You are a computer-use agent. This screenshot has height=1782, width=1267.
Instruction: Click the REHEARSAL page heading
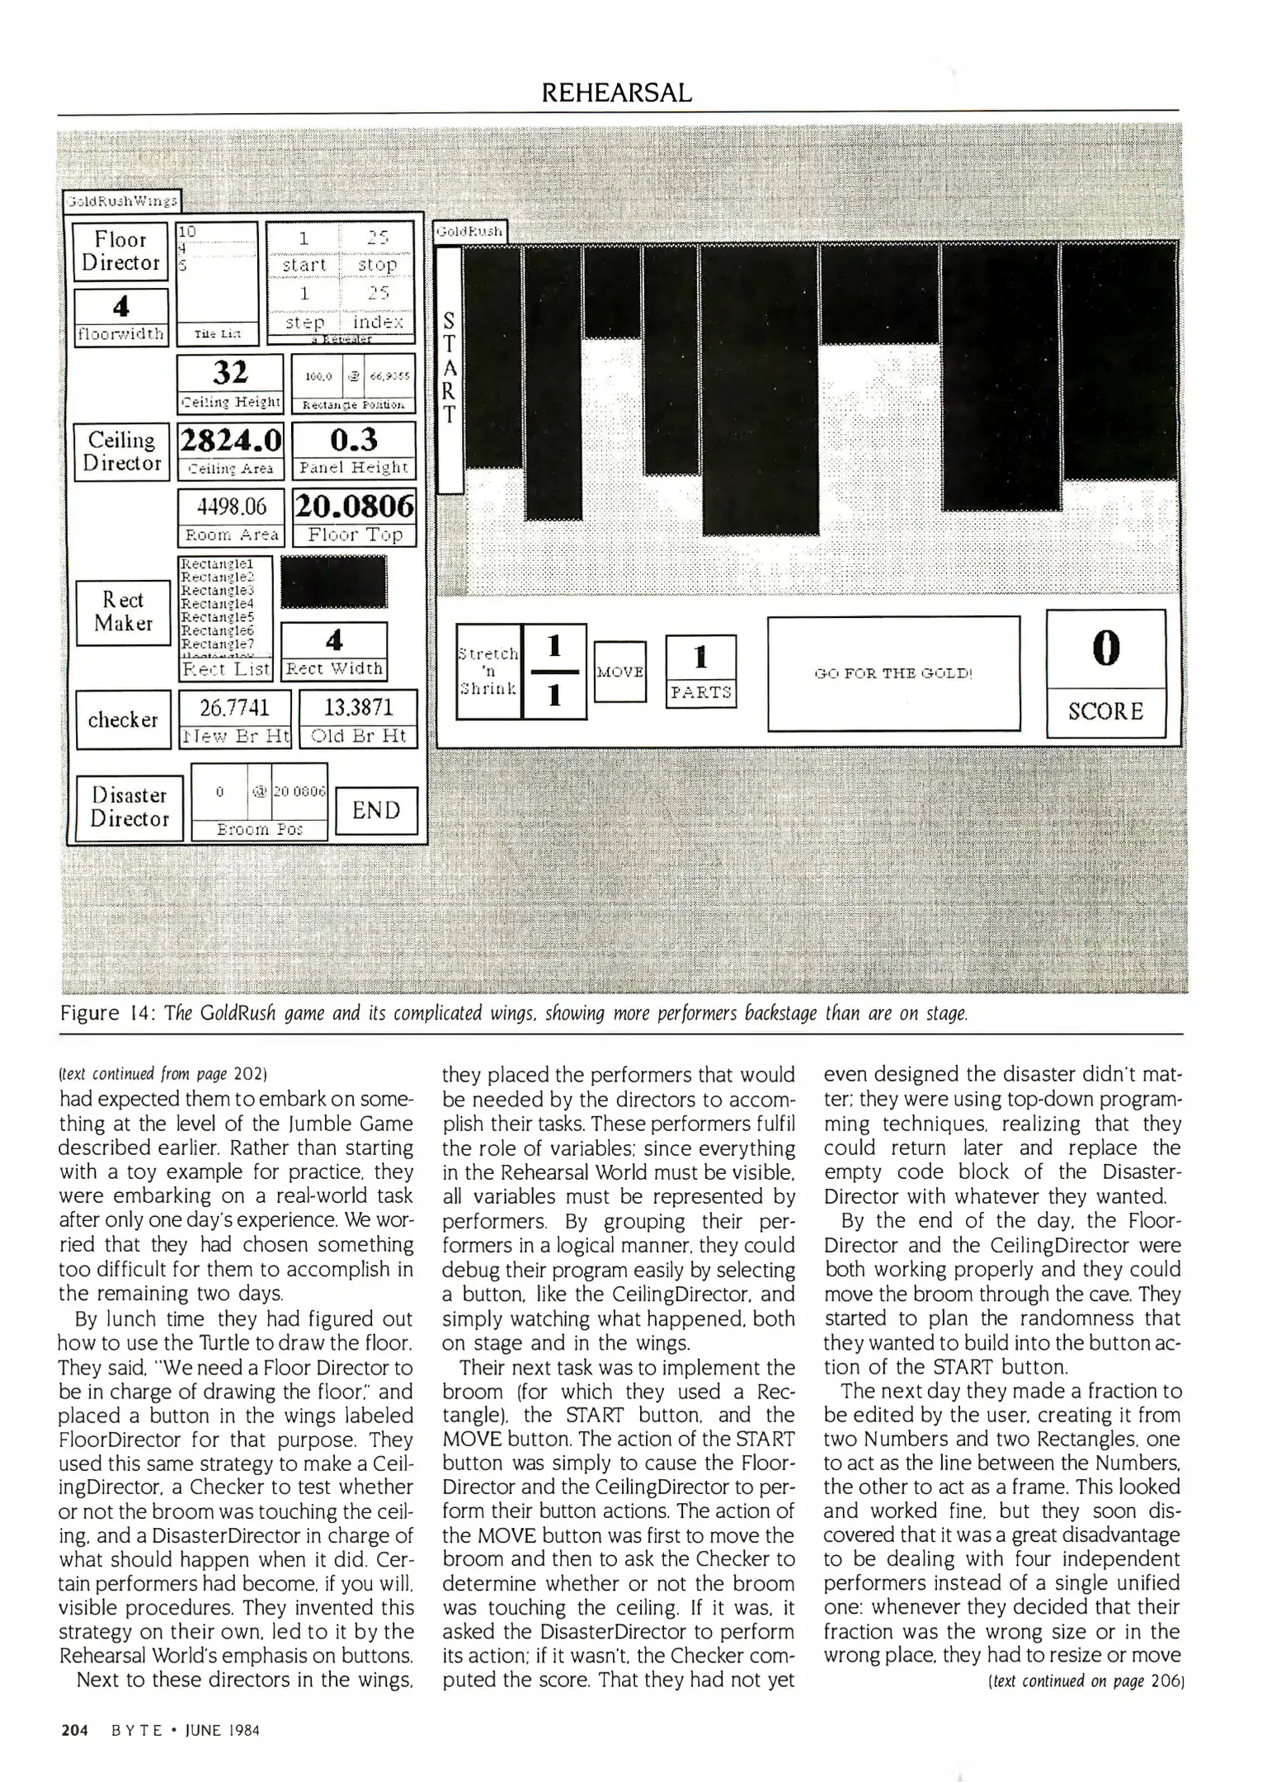pyautogui.click(x=617, y=93)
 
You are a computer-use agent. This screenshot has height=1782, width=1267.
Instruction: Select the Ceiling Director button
pyautogui.click(x=121, y=452)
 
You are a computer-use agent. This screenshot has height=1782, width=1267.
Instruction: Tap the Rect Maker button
pyautogui.click(x=123, y=612)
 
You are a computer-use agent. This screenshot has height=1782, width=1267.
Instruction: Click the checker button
pyautogui.click(x=123, y=719)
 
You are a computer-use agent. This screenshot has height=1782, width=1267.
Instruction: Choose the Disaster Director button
pyautogui.click(x=129, y=808)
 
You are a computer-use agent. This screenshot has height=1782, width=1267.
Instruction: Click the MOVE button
pyautogui.click(x=619, y=672)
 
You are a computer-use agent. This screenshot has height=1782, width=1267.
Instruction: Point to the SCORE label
pyautogui.click(x=1105, y=711)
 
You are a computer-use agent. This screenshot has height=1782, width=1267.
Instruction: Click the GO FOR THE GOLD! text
pyautogui.click(x=893, y=673)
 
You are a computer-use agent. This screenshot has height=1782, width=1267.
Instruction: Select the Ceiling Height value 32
pyautogui.click(x=230, y=373)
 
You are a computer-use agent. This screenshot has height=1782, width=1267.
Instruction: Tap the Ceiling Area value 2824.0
pyautogui.click(x=231, y=440)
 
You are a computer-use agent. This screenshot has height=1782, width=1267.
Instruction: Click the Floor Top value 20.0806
pyautogui.click(x=354, y=506)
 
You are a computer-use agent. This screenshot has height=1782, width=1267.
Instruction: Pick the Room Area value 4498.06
pyautogui.click(x=231, y=506)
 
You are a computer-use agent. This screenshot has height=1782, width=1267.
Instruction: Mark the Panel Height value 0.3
pyautogui.click(x=354, y=440)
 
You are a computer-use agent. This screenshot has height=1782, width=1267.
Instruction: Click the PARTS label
pyautogui.click(x=700, y=692)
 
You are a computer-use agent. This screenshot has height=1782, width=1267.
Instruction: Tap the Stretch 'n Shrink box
pyautogui.click(x=488, y=672)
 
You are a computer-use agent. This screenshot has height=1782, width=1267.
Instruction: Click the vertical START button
pyautogui.click(x=449, y=368)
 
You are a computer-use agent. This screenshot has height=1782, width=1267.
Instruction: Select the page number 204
pyautogui.click(x=75, y=1730)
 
